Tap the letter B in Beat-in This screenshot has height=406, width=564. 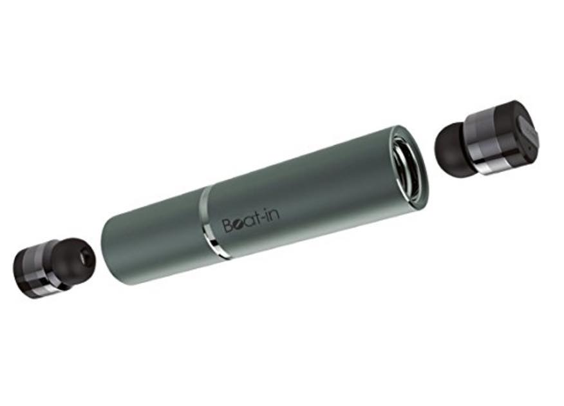point(229,225)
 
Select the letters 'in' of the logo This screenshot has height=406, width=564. point(274,213)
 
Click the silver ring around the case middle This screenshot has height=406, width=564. point(212,223)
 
